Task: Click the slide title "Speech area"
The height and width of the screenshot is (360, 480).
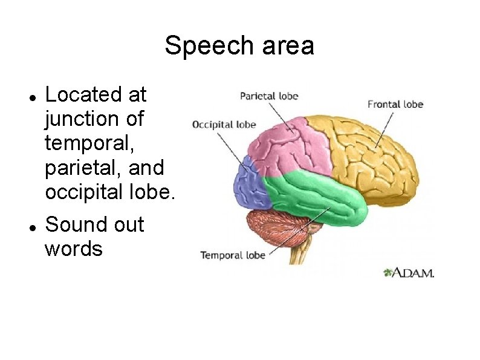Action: (239, 45)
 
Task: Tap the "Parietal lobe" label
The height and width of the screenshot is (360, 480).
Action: (269, 96)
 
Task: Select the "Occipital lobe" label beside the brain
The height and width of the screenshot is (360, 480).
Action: (224, 125)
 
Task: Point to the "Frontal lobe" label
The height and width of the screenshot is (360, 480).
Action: (395, 104)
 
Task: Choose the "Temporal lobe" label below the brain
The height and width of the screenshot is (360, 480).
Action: (233, 255)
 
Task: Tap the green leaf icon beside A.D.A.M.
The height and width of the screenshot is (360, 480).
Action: (388, 273)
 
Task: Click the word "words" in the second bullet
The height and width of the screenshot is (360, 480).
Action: (74, 249)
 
